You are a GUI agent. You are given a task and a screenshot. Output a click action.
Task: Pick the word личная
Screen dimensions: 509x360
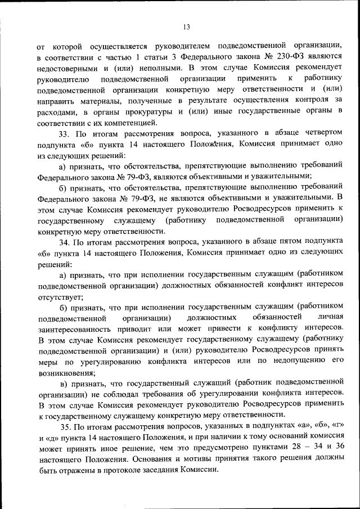tap(328, 318)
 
